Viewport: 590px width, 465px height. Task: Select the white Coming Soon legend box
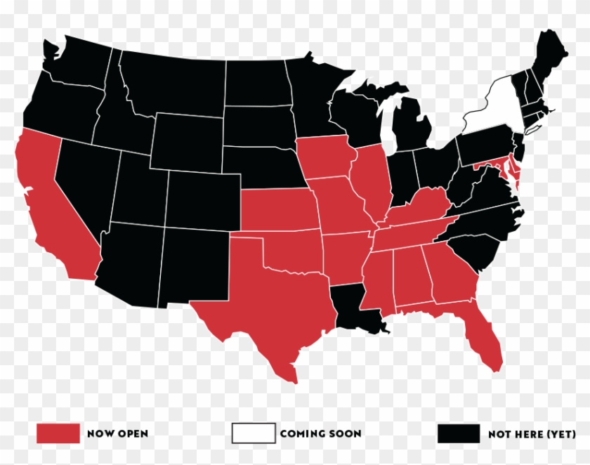(x=254, y=433)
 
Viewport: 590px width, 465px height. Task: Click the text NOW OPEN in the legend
(x=117, y=433)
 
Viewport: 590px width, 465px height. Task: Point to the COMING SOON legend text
(x=320, y=433)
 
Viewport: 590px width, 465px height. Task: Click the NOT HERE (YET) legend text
(x=532, y=433)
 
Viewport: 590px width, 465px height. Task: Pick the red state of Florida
(x=485, y=337)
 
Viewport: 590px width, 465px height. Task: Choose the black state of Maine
(x=548, y=60)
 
